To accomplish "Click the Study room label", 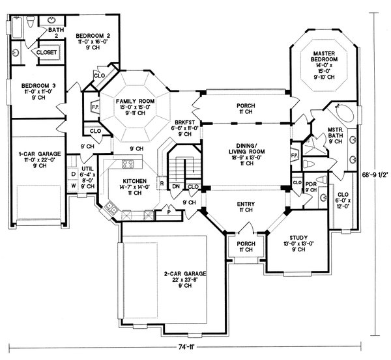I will pyautogui.click(x=294, y=238).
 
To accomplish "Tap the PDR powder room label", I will pyautogui.click(x=311, y=184).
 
